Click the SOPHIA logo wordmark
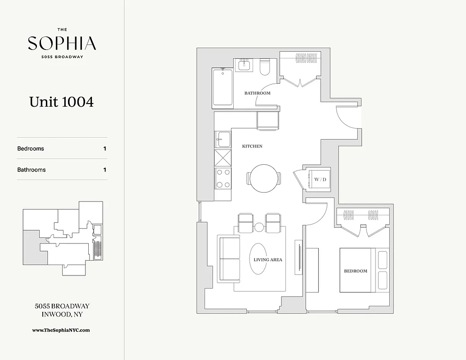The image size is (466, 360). (x=62, y=43)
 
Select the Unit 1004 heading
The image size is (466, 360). (x=62, y=102)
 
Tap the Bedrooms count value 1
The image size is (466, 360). (x=105, y=148)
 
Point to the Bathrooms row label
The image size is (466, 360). (x=32, y=170)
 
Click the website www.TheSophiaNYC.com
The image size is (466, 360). (x=61, y=330)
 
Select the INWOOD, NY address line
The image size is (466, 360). (x=62, y=314)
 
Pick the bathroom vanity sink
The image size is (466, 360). (x=244, y=65)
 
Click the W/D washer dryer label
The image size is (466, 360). (x=320, y=180)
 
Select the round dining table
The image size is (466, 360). (x=264, y=178)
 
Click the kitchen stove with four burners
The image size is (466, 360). (x=223, y=178)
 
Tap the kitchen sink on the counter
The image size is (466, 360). (x=222, y=139)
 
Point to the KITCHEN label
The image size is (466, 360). (x=252, y=146)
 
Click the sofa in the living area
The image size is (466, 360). (x=229, y=259)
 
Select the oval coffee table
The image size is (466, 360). (x=258, y=259)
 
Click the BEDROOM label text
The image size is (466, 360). (x=356, y=271)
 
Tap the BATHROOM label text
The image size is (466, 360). (x=257, y=93)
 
